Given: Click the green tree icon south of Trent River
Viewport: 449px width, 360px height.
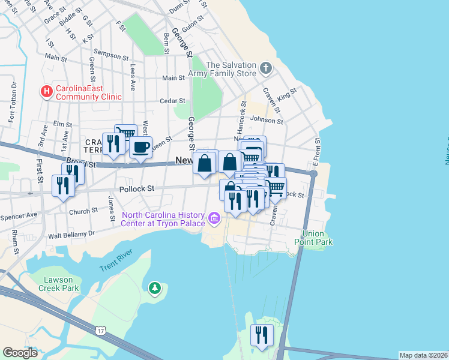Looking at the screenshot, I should [x=155, y=289].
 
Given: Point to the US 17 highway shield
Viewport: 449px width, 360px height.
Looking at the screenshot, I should [x=101, y=330].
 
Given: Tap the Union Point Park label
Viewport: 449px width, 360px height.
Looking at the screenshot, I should [x=318, y=238].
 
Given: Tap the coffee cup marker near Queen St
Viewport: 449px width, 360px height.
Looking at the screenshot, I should [x=140, y=147].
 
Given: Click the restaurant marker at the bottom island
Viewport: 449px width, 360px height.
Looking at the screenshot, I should [x=262, y=335].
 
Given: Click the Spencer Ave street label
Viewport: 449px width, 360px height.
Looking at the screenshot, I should [x=19, y=214].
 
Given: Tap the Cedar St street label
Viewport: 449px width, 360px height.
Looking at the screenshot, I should [x=171, y=101].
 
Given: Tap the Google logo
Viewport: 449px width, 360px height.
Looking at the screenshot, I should [x=20, y=353].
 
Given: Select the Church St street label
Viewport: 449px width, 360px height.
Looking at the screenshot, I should [x=83, y=211].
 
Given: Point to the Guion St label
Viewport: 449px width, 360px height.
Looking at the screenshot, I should [x=193, y=26].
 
